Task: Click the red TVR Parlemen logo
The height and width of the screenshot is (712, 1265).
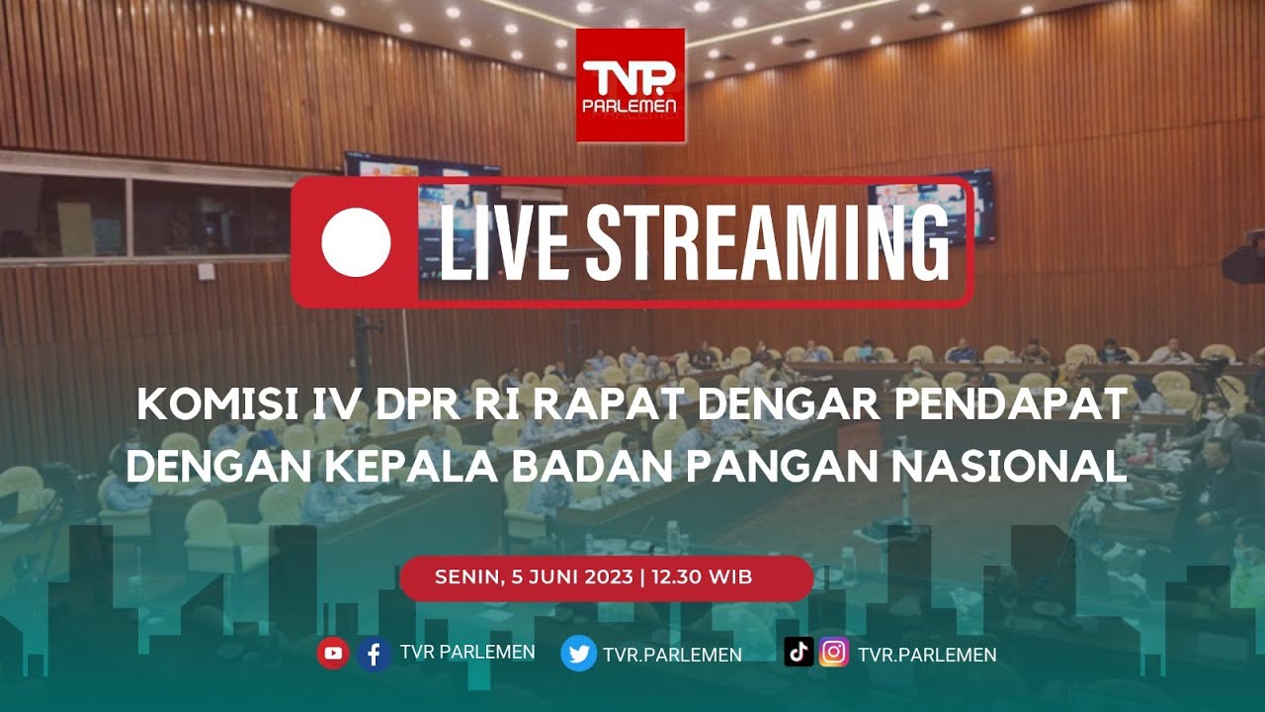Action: click(631, 86)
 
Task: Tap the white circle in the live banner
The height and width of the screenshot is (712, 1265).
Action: click(356, 242)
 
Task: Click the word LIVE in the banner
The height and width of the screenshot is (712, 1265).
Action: click(495, 242)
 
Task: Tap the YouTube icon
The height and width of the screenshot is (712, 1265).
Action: click(333, 653)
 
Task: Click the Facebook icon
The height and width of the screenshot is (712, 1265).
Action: click(374, 653)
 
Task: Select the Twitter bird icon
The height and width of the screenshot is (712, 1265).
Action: click(579, 654)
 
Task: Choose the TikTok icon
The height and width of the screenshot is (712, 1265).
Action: click(799, 652)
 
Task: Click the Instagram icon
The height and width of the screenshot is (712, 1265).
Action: click(834, 653)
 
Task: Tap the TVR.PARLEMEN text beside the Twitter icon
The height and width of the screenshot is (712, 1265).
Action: click(672, 655)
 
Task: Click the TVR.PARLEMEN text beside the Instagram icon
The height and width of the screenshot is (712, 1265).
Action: click(927, 655)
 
